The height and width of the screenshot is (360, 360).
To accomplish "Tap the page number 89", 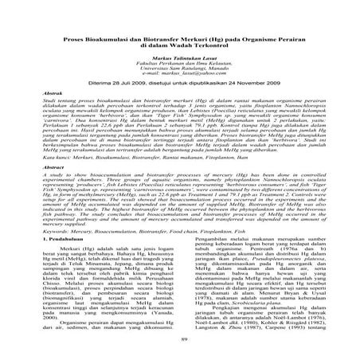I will tap(179, 340).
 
